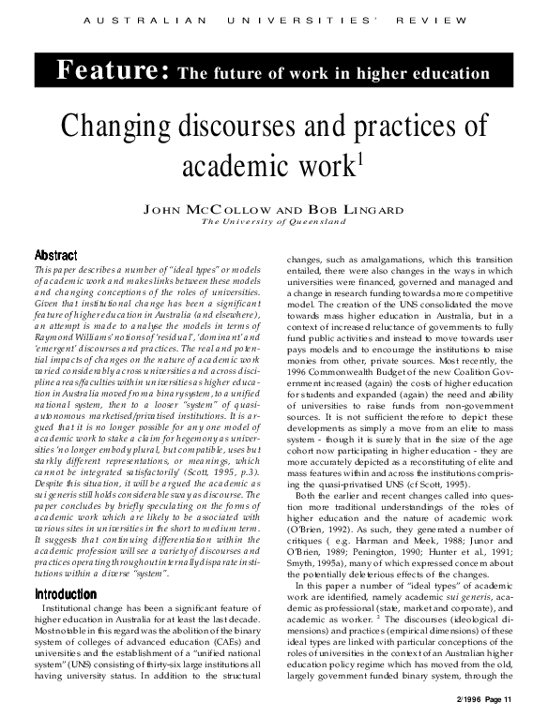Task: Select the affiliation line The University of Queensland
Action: [x=273, y=222]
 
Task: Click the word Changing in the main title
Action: [x=121, y=127]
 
